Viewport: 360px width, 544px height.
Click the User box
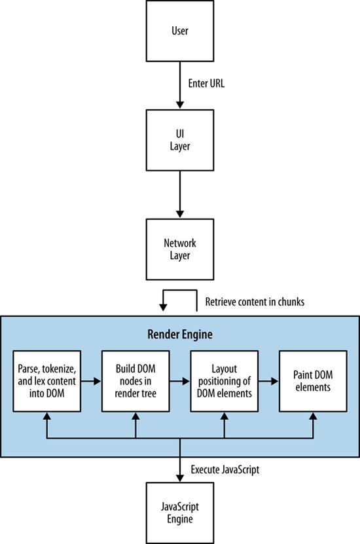(x=179, y=31)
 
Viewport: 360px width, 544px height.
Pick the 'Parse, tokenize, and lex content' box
(x=45, y=382)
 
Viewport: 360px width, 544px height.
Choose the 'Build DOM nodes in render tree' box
(x=135, y=382)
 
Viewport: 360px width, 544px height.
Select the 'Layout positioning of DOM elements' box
(x=225, y=382)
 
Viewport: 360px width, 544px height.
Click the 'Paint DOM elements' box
(x=314, y=382)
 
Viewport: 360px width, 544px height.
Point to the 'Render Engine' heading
(x=179, y=335)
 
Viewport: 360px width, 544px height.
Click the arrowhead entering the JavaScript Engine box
(x=179, y=480)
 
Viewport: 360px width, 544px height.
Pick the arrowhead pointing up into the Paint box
(x=314, y=417)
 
